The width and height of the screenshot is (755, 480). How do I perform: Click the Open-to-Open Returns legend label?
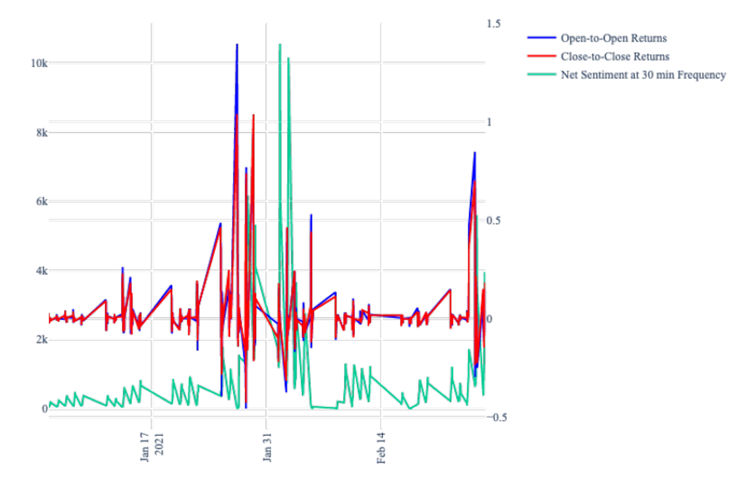click(x=613, y=38)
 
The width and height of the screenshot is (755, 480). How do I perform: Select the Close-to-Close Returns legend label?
click(x=615, y=57)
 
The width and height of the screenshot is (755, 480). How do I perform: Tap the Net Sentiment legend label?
click(x=643, y=75)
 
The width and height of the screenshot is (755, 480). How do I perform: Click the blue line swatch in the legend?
click(x=541, y=38)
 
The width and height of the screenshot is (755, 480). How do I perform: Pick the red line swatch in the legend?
click(x=541, y=56)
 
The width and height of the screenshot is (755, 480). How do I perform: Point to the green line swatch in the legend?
click(x=541, y=74)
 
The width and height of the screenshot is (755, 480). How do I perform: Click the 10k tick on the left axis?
click(x=39, y=63)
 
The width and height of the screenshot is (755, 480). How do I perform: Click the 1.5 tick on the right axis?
click(x=494, y=24)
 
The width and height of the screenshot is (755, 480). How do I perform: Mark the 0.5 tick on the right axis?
click(x=494, y=221)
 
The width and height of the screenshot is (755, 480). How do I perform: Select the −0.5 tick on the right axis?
click(x=497, y=417)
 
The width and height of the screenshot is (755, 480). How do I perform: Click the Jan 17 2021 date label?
click(x=151, y=447)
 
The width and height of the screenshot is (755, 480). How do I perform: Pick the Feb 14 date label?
click(x=381, y=448)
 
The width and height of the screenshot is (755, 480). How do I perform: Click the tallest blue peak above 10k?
click(x=237, y=45)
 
